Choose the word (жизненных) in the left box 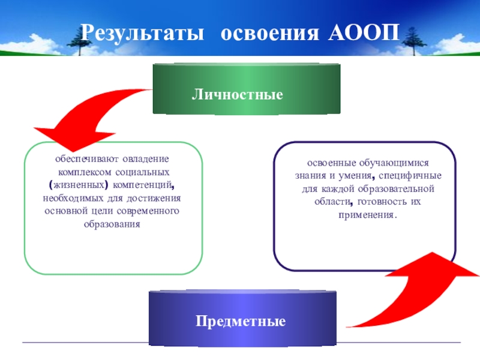tap(77, 185)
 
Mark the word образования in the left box tap(112, 223)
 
